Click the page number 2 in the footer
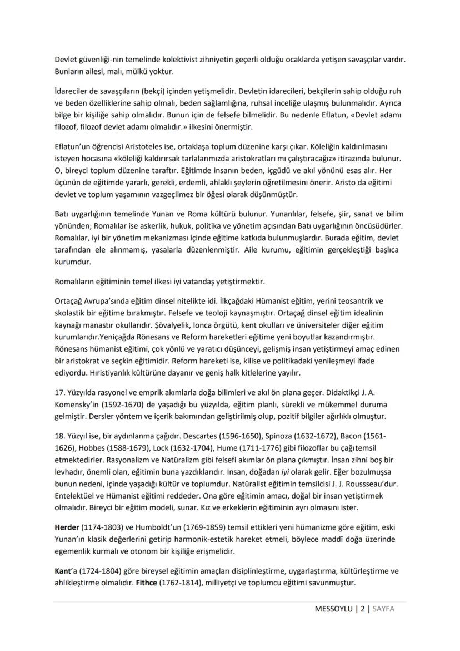click(x=362, y=609)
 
